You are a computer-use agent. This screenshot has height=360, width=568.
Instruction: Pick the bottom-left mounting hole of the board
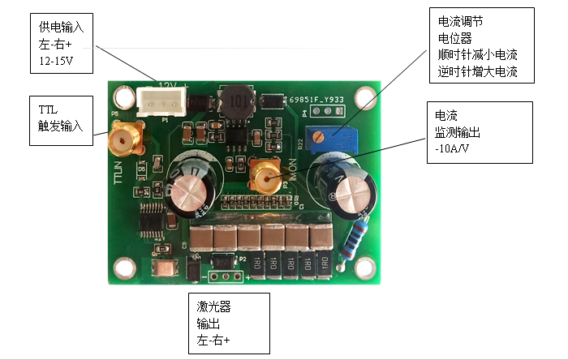pyautogui.click(x=124, y=267)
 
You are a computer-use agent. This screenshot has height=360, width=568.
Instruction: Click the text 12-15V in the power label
pyautogui.click(x=55, y=59)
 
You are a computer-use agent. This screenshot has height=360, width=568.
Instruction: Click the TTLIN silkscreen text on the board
pyautogui.click(x=119, y=171)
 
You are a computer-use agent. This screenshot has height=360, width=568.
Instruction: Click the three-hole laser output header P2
pyautogui.click(x=223, y=276)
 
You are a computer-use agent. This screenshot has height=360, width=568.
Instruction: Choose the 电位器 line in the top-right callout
pyautogui.click(x=455, y=37)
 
